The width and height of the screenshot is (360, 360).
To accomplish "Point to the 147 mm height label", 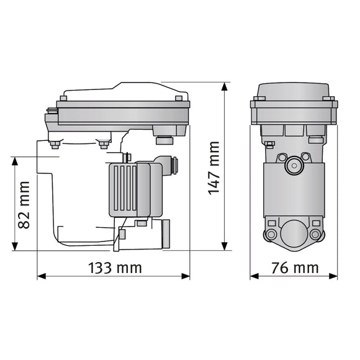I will click(x=214, y=168).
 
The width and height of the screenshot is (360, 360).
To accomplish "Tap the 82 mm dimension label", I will click(x=24, y=204).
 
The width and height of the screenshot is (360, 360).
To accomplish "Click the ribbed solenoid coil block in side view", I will click(x=128, y=189).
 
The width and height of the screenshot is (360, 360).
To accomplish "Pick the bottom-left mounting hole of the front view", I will click(x=271, y=235).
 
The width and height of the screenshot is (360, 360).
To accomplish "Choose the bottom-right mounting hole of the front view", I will click(x=315, y=235).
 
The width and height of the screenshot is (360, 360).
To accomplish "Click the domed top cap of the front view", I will click(x=294, y=91).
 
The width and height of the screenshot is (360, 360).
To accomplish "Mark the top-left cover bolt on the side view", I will click(x=63, y=98).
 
